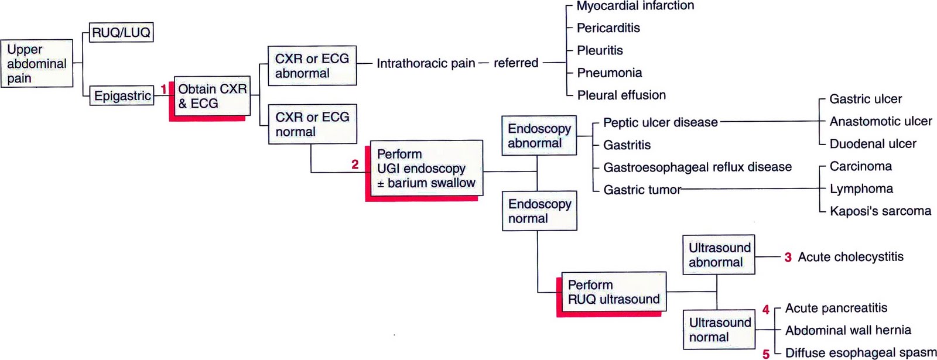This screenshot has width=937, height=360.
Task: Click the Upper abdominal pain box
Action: click(x=37, y=64)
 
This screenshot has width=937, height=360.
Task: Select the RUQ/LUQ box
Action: click(x=121, y=33)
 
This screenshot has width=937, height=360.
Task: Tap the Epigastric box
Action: click(x=122, y=95)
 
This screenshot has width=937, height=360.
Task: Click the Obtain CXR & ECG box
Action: click(x=212, y=96)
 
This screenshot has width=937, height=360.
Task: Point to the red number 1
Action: click(x=164, y=89)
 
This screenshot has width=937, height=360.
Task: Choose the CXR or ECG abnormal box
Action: click(x=312, y=66)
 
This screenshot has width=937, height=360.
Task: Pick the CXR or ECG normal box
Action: click(x=312, y=124)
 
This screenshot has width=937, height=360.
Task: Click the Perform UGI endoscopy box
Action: click(x=426, y=168)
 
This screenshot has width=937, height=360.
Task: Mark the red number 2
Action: click(x=355, y=164)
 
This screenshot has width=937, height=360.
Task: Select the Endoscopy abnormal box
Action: click(x=539, y=136)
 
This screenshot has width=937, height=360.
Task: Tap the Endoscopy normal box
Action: click(x=539, y=211)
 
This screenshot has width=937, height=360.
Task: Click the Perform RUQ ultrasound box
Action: click(x=613, y=292)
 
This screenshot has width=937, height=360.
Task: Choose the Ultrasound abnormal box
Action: click(x=719, y=255)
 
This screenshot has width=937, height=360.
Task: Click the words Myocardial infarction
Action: click(x=635, y=6)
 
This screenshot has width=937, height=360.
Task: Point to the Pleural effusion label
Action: click(x=621, y=95)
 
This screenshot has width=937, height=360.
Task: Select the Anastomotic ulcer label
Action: click(x=880, y=121)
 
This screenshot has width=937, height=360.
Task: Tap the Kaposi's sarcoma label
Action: click(x=880, y=211)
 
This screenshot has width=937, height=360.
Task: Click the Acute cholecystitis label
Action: click(x=850, y=256)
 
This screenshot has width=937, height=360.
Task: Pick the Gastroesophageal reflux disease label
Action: click(x=697, y=167)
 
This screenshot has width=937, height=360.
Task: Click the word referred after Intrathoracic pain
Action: click(x=515, y=63)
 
